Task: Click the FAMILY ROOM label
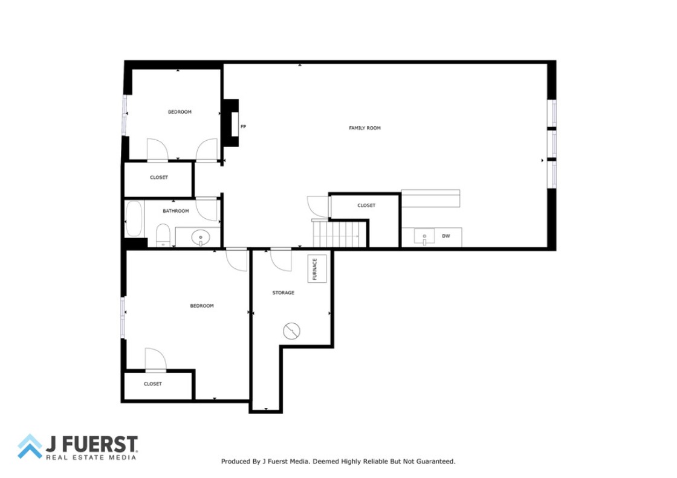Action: [364, 128]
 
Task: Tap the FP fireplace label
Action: [243, 126]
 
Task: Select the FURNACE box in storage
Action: [317, 268]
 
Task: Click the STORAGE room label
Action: [283, 292]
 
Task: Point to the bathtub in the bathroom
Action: [134, 219]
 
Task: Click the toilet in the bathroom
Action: [163, 235]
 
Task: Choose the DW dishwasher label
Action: [446, 236]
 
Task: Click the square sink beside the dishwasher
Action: [424, 237]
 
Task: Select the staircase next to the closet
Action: [339, 234]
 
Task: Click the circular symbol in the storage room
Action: [291, 331]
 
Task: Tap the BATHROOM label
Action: [176, 211]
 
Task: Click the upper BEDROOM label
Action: [180, 112]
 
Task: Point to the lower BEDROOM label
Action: [202, 306]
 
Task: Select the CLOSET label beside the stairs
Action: [366, 205]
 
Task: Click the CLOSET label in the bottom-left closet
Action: [153, 384]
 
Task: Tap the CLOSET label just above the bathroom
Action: [159, 178]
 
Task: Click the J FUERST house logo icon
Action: [30, 447]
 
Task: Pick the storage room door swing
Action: [280, 260]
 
